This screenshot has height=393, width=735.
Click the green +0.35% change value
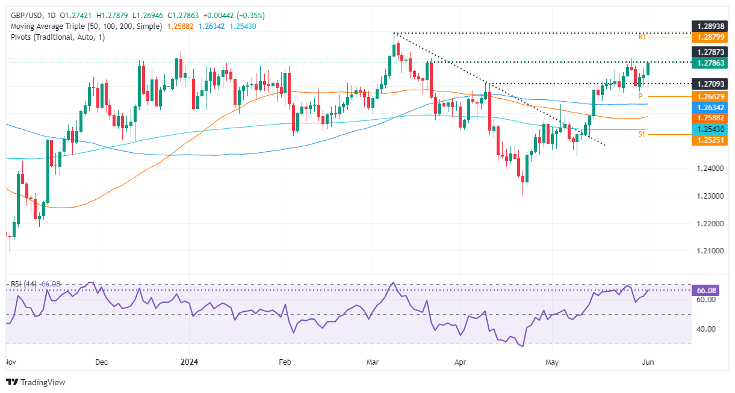252,15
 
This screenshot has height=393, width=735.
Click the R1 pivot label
643,37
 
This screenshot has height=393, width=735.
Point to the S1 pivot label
642,134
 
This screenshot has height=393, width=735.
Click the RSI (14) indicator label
22,283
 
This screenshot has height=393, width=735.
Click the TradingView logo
36,382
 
